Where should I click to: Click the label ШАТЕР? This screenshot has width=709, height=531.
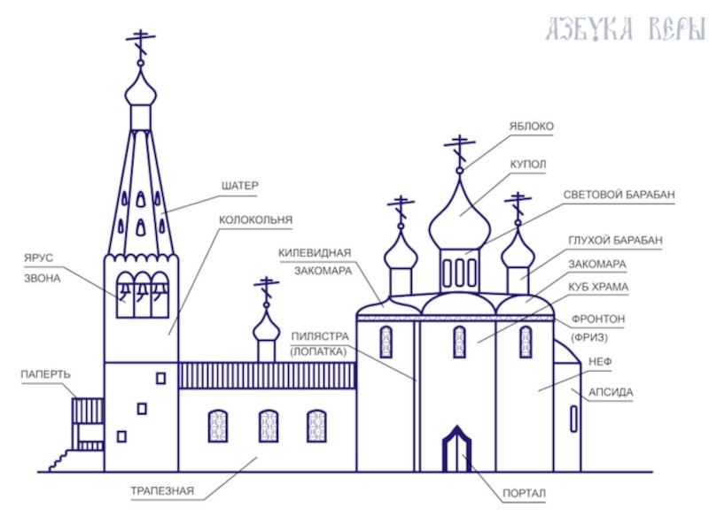click(239, 186)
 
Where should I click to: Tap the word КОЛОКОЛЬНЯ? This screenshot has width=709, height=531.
click(255, 219)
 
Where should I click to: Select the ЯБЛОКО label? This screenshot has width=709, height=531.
click(531, 127)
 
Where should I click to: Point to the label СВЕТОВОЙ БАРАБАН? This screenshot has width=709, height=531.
click(619, 195)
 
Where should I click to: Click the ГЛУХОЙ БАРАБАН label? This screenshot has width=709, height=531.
click(615, 240)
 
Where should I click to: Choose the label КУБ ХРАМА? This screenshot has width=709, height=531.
click(598, 287)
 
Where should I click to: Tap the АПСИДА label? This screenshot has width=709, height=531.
click(611, 392)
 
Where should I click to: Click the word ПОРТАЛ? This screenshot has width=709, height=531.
click(524, 494)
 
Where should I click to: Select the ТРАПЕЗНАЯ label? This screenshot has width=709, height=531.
click(162, 491)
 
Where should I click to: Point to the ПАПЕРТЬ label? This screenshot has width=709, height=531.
click(46, 374)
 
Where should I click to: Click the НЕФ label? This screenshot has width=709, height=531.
click(600, 362)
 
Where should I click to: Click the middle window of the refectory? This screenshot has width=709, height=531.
click(269, 426)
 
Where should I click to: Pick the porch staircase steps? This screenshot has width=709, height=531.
click(58, 460)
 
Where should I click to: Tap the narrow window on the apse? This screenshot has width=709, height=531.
click(573, 419)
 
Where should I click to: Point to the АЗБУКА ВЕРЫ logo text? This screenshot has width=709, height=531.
click(627, 29)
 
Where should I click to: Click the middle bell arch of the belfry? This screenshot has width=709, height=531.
click(143, 295)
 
